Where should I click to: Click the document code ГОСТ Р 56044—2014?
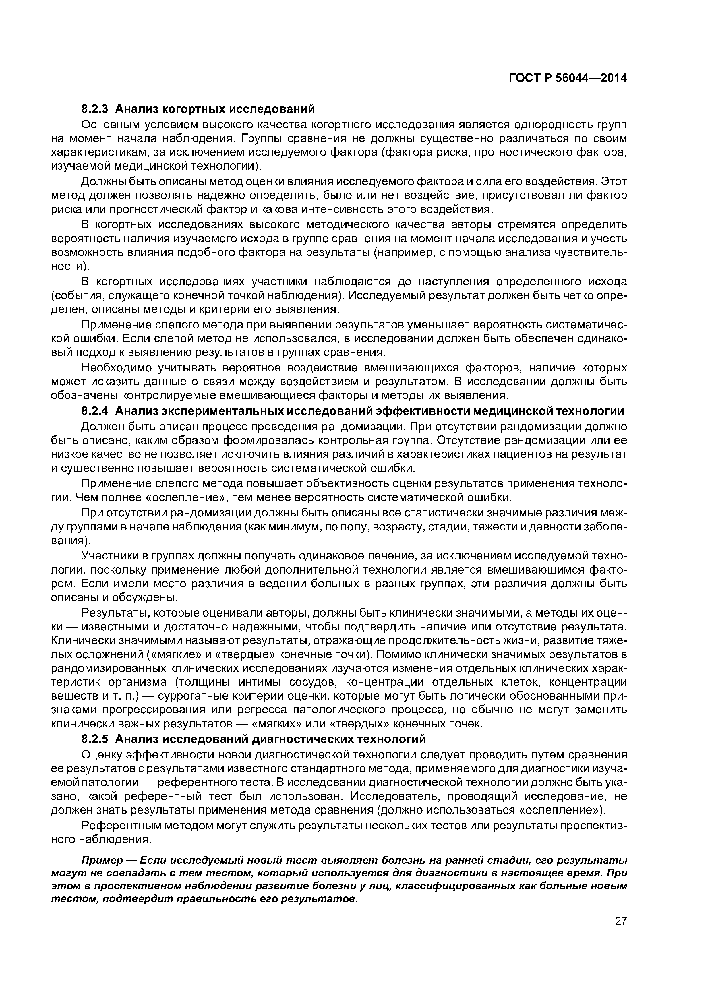click(568, 78)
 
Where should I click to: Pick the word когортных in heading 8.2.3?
click(192, 108)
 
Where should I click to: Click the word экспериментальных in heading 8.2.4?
click(229, 411)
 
